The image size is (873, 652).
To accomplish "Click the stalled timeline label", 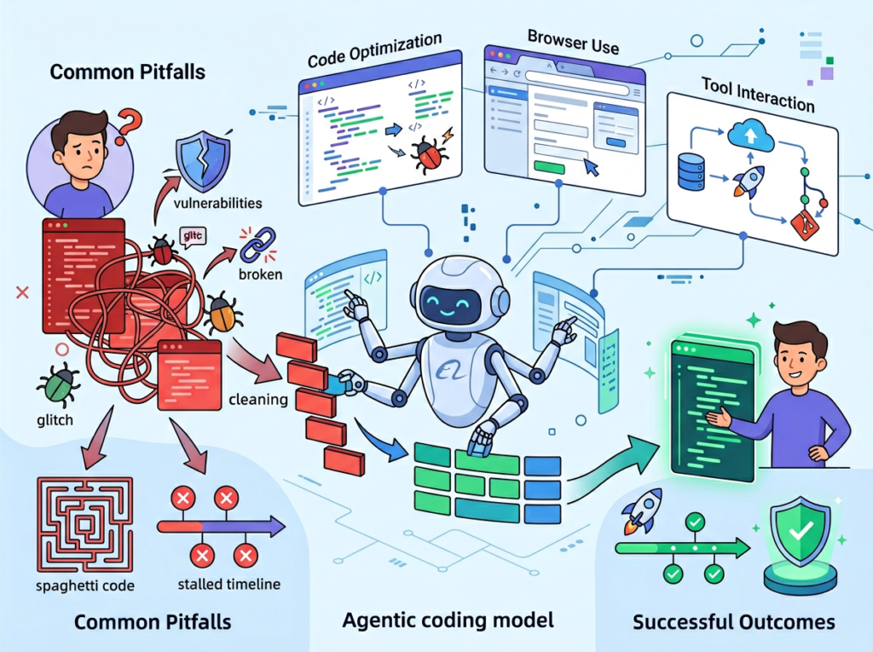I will tap(228, 584).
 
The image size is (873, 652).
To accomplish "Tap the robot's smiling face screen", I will tap(451, 300).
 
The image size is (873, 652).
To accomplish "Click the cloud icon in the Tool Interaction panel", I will tap(749, 134).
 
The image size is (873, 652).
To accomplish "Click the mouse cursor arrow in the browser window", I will tap(591, 166).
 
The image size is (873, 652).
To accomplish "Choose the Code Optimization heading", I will tap(374, 50).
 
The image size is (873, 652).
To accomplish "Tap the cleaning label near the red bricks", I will tap(257, 399).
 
